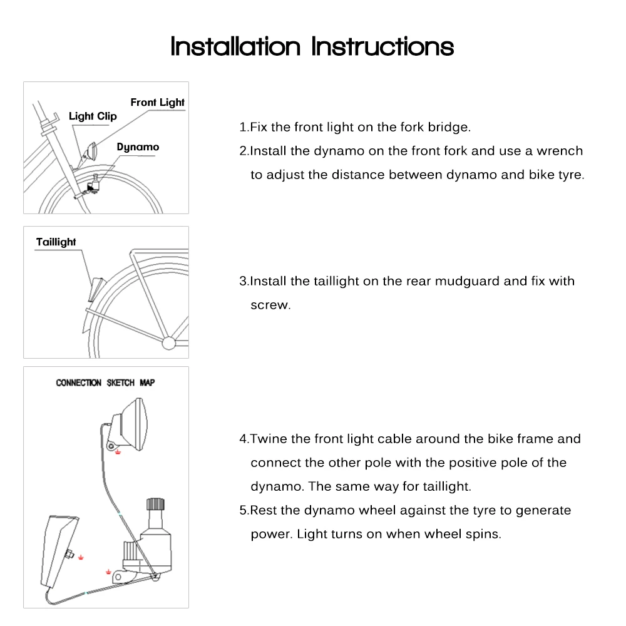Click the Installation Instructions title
point(312,46)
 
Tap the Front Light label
point(157,102)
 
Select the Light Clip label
point(93,116)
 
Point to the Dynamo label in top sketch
point(138,147)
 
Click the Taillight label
point(56,242)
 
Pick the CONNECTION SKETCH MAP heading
point(105,382)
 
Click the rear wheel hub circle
point(169,342)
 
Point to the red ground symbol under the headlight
point(118,452)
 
